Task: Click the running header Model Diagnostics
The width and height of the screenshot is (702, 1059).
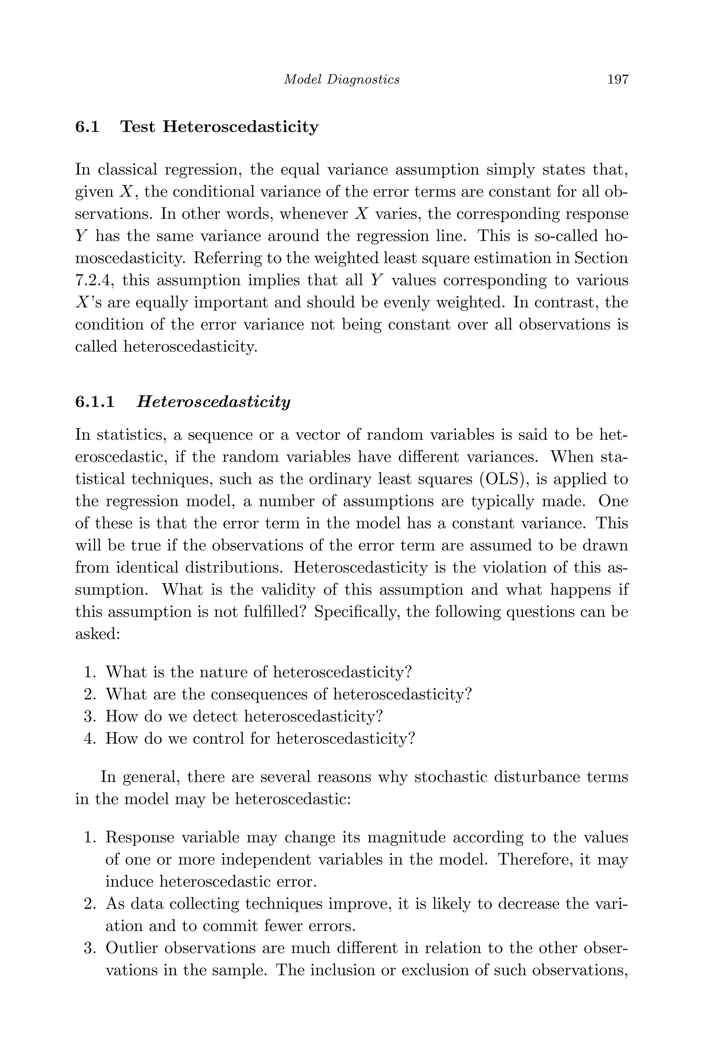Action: tap(342, 80)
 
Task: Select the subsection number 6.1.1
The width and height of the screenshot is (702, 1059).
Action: tap(95, 401)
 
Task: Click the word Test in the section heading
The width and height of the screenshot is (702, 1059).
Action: tap(138, 127)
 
